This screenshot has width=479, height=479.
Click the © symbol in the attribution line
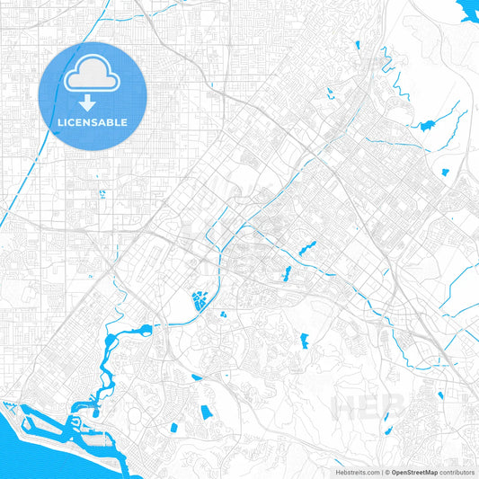384,472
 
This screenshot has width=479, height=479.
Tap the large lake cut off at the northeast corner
467,11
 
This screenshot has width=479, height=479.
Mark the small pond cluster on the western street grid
101,192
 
